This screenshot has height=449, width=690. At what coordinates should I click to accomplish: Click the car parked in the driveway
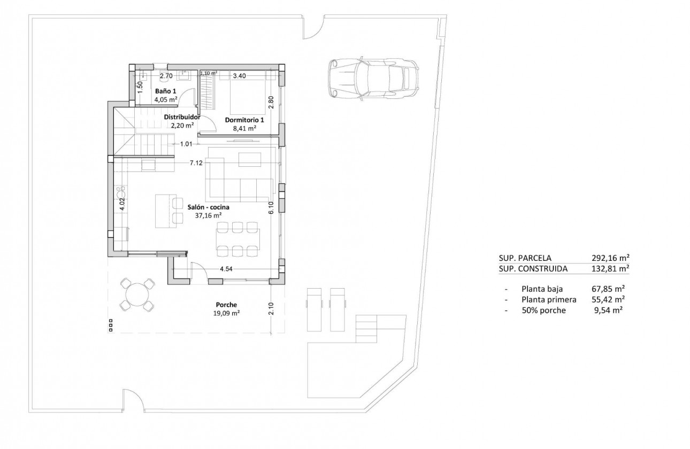[x=373, y=79]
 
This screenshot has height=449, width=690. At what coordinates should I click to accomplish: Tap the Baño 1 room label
[x=165, y=91]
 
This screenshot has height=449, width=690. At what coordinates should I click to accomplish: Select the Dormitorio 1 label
[x=245, y=120]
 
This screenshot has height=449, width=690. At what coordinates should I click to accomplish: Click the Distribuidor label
[x=182, y=117]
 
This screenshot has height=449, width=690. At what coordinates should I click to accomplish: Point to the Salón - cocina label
[x=208, y=207]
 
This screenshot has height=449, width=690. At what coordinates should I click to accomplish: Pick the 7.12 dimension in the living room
[x=196, y=163]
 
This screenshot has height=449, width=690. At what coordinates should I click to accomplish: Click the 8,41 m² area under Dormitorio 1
[x=245, y=128]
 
